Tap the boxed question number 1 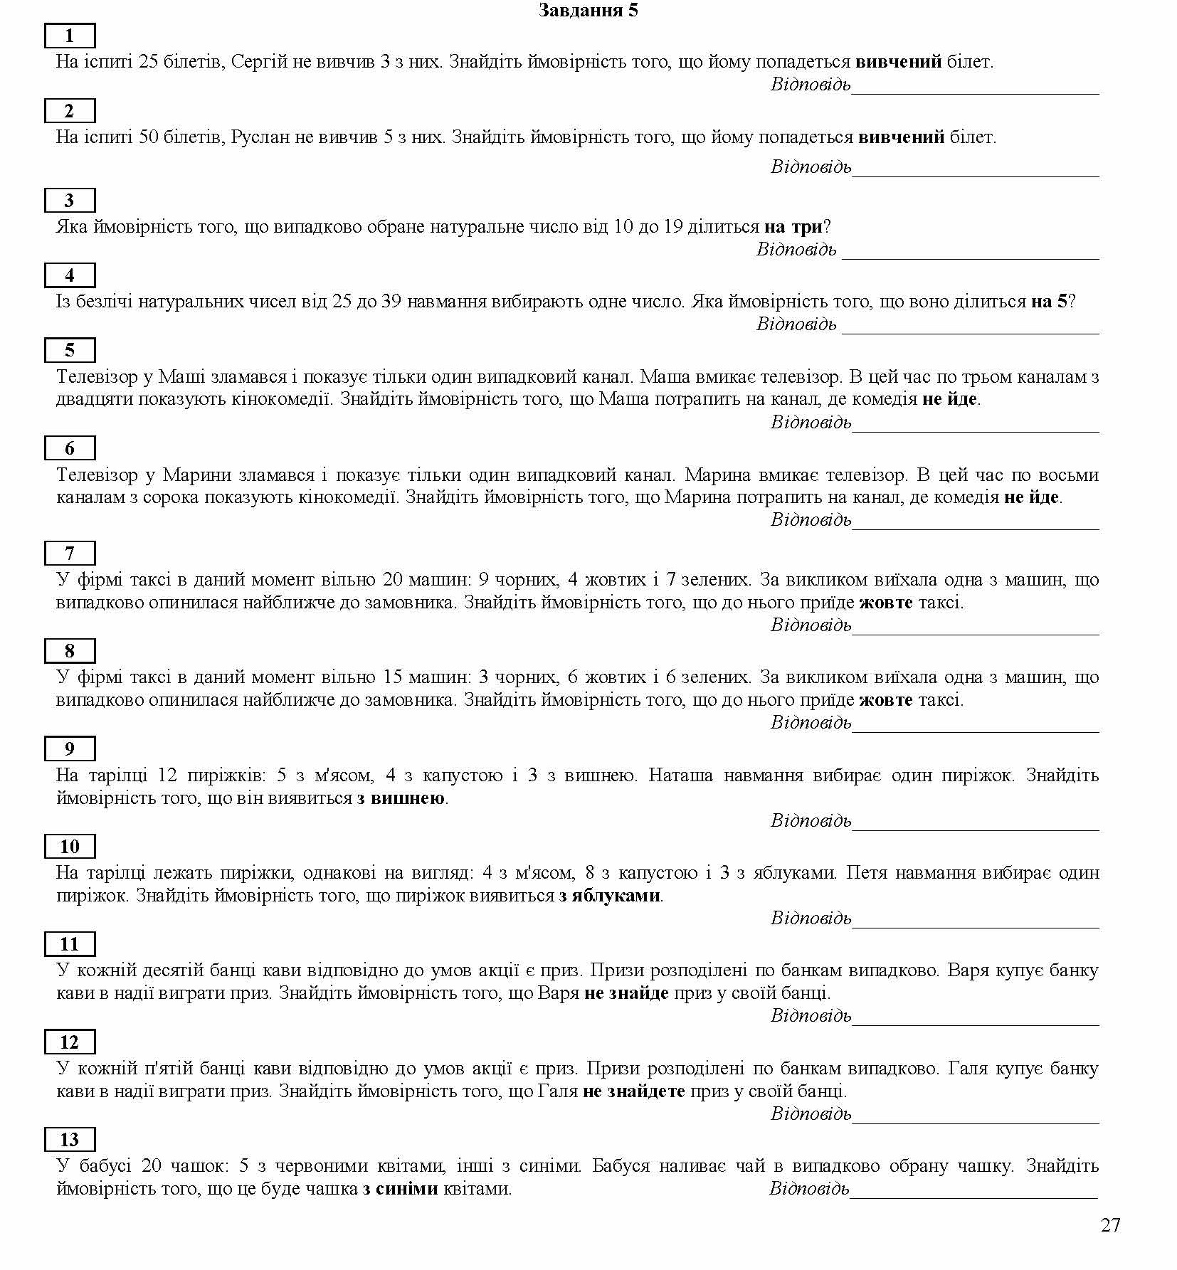click(69, 36)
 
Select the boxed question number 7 click(69, 553)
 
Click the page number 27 click(1110, 1224)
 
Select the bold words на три click(793, 227)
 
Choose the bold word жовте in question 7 click(885, 603)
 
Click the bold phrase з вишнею click(401, 798)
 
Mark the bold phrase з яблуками click(609, 896)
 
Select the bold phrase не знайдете click(633, 1091)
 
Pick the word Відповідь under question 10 click(811, 918)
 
